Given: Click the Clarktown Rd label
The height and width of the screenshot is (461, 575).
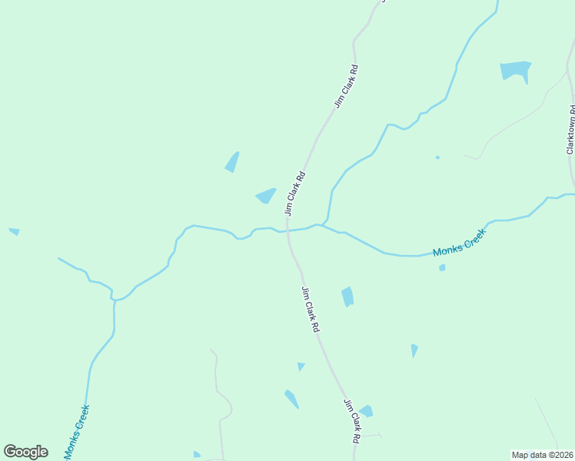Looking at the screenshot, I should (x=571, y=130).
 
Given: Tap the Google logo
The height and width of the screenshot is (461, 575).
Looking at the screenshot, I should (x=25, y=452).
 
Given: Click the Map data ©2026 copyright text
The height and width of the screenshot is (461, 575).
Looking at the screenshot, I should (x=542, y=455).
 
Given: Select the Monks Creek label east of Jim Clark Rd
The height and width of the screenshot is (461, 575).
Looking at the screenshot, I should (x=459, y=243).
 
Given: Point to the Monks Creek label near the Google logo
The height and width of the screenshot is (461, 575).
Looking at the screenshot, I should (x=77, y=432).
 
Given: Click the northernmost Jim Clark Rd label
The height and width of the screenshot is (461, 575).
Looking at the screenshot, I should (x=347, y=85).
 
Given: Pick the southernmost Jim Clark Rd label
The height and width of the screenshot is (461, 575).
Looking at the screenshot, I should (x=351, y=422).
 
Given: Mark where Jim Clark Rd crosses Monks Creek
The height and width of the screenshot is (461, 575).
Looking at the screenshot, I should (x=288, y=230).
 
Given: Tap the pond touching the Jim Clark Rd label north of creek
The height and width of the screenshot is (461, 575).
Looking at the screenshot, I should (x=266, y=196).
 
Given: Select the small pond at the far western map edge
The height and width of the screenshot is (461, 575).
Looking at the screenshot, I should (x=14, y=230).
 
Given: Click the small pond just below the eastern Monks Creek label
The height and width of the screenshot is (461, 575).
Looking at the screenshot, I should (x=442, y=267).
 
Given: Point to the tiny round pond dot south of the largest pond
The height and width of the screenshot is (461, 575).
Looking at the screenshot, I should (x=437, y=158).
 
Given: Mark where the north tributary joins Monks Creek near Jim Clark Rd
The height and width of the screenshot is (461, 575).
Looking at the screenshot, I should (x=326, y=224).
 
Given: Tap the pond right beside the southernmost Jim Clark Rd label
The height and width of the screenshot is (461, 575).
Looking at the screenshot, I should (x=366, y=411).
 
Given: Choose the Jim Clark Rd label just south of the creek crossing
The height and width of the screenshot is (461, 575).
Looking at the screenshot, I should (x=311, y=309).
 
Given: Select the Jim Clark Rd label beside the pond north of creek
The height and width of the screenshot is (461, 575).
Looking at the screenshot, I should (x=296, y=192).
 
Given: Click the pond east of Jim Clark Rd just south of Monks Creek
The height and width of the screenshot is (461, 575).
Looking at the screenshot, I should (x=347, y=296).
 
